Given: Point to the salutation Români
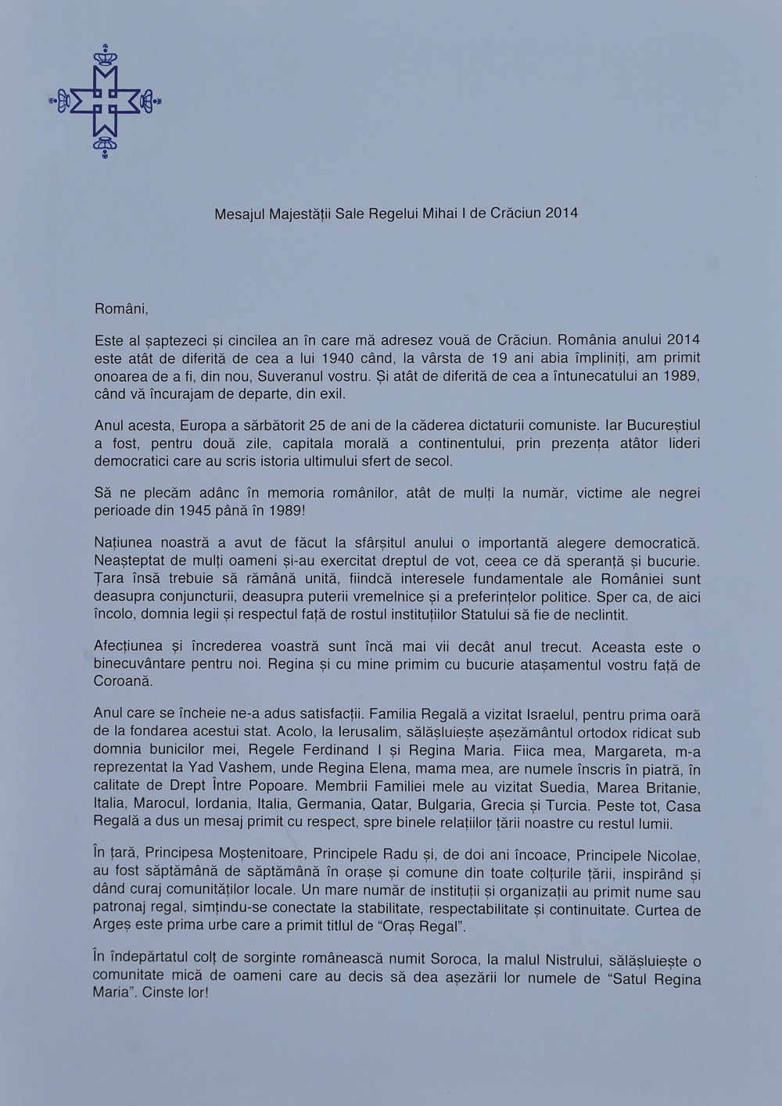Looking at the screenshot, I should tap(120, 308).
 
